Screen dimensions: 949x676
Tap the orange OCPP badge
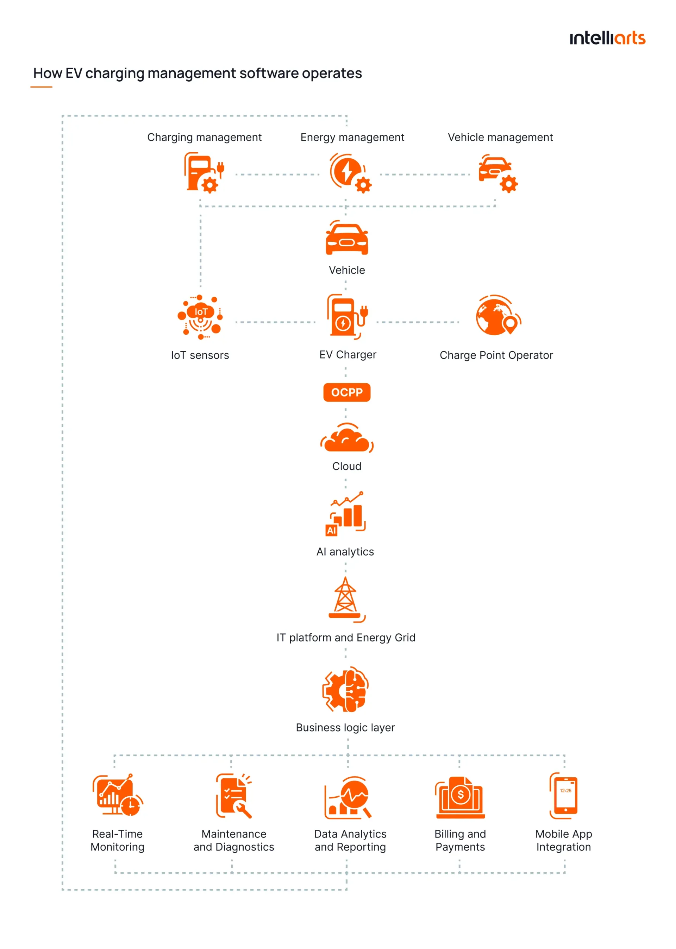tap(347, 392)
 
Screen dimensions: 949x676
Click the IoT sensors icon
tap(200, 317)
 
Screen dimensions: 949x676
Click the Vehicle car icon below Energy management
tap(347, 239)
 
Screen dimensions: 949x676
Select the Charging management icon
tap(204, 172)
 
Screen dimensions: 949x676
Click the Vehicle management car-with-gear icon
tap(497, 173)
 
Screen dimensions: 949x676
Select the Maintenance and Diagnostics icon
tap(233, 795)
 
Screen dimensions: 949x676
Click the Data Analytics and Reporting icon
tap(348, 797)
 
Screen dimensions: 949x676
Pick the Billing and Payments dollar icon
tap(460, 797)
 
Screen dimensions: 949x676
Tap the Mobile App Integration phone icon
tap(564, 795)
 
